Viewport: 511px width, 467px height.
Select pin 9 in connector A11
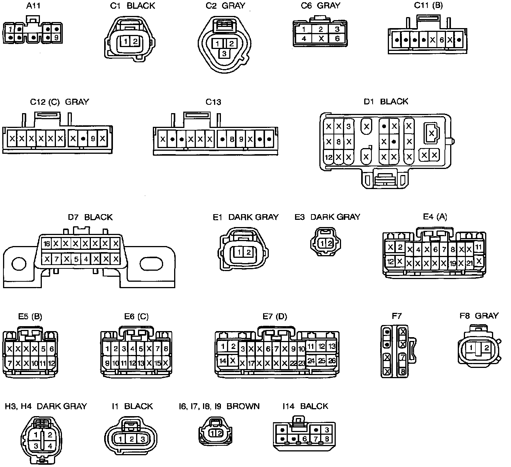pos(56,38)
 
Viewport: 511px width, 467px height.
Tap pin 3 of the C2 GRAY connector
pos(224,54)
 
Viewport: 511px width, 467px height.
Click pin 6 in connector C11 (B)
pos(441,39)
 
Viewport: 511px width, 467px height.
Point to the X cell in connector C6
pos(321,38)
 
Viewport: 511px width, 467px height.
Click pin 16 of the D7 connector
pos(47,244)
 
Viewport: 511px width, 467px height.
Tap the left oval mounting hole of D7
pos(19,264)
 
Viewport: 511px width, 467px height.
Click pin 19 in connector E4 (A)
pos(452,263)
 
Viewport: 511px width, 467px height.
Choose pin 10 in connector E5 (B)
pos(35,363)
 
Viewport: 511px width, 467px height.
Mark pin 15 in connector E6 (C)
pos(157,363)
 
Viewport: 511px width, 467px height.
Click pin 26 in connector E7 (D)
pos(332,361)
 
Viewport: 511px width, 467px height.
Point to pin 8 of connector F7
pos(402,372)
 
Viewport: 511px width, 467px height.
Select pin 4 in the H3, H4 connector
pos(50,446)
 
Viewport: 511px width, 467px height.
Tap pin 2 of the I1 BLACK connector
pos(131,439)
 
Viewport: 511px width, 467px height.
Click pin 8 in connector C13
pos(232,139)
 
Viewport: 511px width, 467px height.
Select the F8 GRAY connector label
pos(479,316)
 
